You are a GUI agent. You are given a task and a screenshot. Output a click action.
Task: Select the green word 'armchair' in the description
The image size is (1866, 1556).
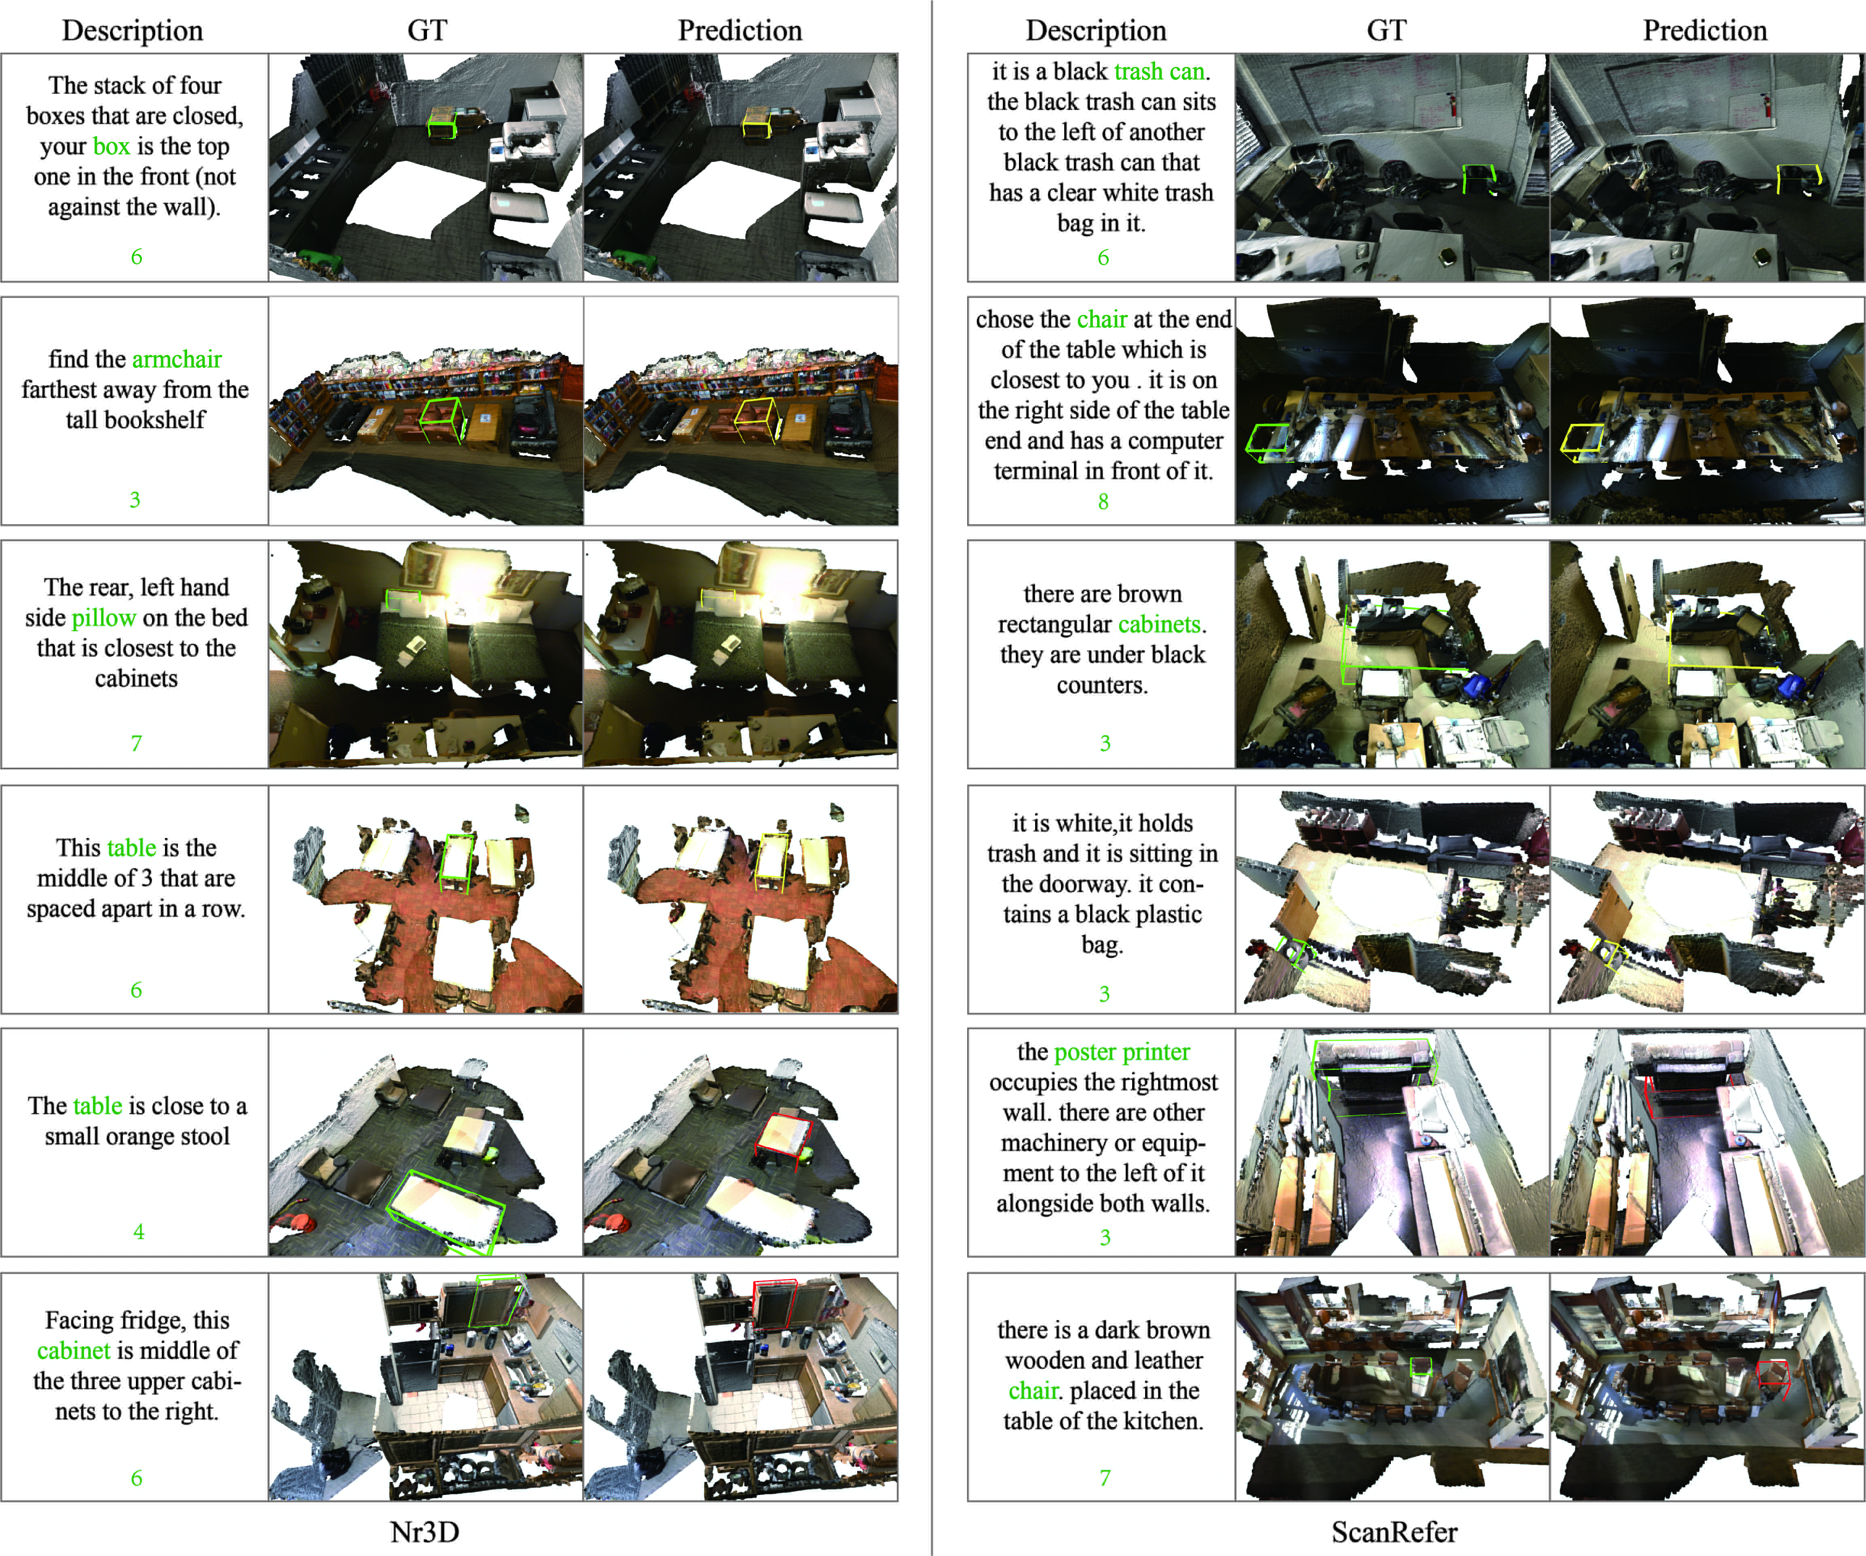click(x=177, y=359)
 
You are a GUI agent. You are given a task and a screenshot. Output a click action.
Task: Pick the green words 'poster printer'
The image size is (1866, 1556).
click(x=1121, y=1052)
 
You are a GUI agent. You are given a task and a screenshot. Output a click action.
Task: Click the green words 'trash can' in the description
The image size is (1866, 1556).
click(x=1160, y=71)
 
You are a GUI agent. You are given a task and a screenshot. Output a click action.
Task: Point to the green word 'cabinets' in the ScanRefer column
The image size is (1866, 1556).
click(x=1159, y=624)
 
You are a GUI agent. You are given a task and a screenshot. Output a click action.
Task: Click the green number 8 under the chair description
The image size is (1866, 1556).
click(x=1103, y=501)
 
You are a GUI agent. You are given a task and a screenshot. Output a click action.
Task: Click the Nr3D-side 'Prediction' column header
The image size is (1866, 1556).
click(x=739, y=30)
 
